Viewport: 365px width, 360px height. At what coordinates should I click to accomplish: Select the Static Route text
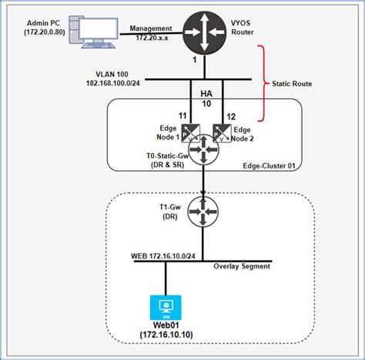pyautogui.click(x=294, y=82)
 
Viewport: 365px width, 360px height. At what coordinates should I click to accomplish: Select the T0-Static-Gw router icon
pyautogui.click(x=203, y=149)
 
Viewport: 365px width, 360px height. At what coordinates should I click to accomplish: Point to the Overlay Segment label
pyautogui.click(x=243, y=267)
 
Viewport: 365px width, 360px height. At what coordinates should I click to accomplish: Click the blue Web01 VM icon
pyautogui.click(x=164, y=308)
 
